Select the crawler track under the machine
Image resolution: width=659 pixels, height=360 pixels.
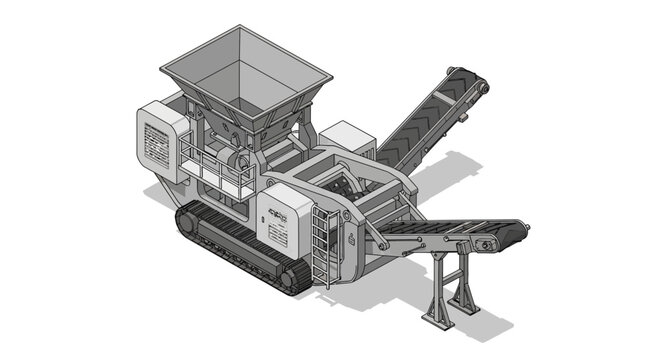[240, 250]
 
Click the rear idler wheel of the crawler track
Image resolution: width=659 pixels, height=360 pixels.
[188, 222]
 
